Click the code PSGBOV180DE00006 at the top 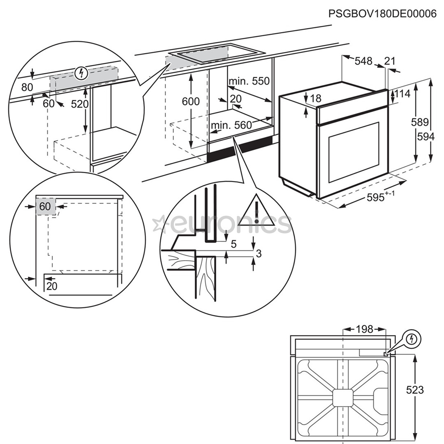pos(382,14)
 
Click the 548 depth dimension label pos(363,61)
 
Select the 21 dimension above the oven pos(389,61)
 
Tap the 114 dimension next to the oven pos(402,94)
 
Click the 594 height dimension pos(425,137)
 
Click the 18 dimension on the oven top pos(316,98)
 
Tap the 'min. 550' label pos(250,81)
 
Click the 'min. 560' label pos(231,125)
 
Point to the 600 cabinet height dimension pos(191,102)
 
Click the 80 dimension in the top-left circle pos(27,87)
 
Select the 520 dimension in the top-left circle pos(79,104)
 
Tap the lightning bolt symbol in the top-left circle pos(82,74)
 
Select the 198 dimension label pos(364,329)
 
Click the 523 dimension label pos(414,389)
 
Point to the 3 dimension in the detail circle pos(258,254)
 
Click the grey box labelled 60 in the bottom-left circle pos(45,206)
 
